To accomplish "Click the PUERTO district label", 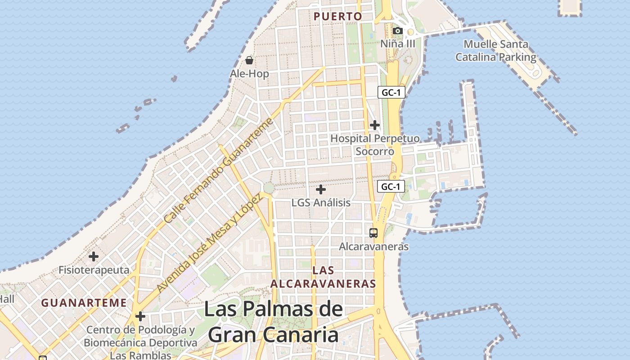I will tap(337, 17).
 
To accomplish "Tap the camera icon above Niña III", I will tap(397, 31).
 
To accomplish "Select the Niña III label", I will tap(398, 44).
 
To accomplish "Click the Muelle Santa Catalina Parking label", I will tap(496, 51).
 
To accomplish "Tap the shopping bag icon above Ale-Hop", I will tap(249, 60).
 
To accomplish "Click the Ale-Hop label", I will tap(249, 73).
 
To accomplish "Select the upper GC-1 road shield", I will tap(391, 93).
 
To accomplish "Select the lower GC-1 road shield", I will tap(391, 186).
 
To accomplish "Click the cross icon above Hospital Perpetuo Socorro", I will tap(374, 125).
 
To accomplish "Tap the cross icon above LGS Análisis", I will tap(320, 189).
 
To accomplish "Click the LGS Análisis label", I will tap(321, 202).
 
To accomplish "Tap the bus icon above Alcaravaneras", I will tap(373, 233).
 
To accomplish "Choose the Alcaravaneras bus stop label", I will tap(373, 247).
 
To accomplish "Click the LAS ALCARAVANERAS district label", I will tap(323, 277).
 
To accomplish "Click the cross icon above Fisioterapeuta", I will tap(94, 256).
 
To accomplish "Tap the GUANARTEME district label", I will tap(84, 303).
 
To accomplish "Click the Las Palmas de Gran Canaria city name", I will tap(274, 322).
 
